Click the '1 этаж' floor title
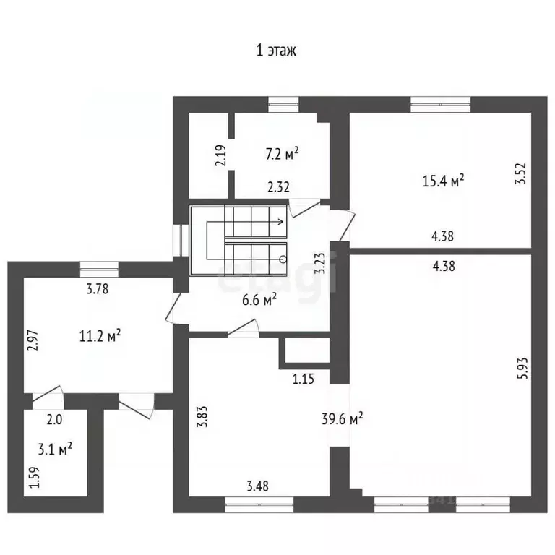click(x=276, y=51)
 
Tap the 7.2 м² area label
click(x=282, y=154)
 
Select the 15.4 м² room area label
click(x=443, y=181)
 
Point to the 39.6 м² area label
click(x=343, y=418)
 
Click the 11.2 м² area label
click(x=100, y=335)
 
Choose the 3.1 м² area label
click(x=55, y=449)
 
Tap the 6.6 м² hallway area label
click(x=259, y=300)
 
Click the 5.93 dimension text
click(x=522, y=368)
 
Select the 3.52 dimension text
click(x=520, y=173)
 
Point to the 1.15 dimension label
click(x=304, y=379)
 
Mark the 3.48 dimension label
click(x=258, y=486)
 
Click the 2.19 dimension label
click(x=220, y=156)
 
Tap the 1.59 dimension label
click(x=35, y=478)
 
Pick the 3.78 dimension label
click(x=98, y=289)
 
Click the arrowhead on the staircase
click(x=281, y=222)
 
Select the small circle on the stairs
click(x=283, y=259)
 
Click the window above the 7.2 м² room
click(x=283, y=104)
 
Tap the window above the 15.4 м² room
click(x=441, y=104)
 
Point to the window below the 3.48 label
click(x=259, y=504)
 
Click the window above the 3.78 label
click(x=100, y=270)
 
